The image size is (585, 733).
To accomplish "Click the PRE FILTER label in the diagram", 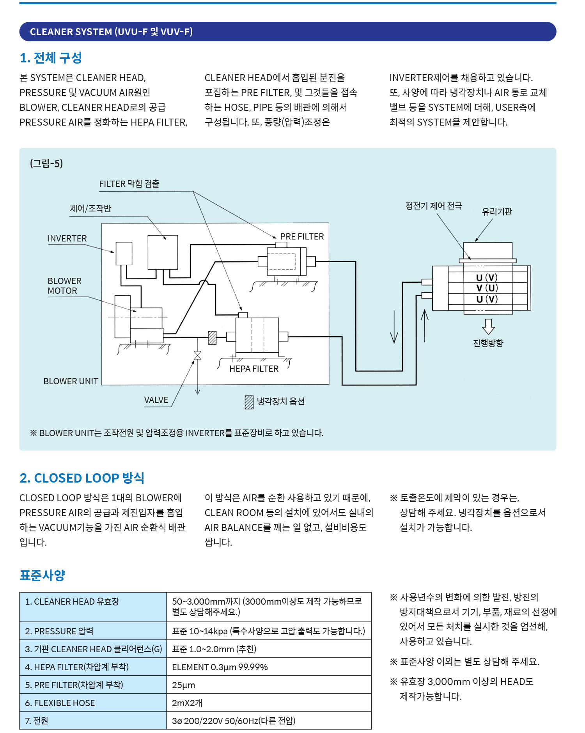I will tap(302, 236).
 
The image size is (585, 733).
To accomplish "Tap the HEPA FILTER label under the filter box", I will tap(254, 369).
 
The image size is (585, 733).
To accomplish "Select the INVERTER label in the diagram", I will tap(67, 238).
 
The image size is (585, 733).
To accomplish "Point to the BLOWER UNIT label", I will tap(71, 381).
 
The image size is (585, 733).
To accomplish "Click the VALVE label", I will tap(156, 400).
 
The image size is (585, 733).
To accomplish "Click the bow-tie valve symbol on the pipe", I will tap(198, 355).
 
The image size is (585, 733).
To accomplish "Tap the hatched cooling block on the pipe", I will tap(212, 337).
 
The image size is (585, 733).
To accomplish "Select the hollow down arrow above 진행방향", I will tap(488, 326).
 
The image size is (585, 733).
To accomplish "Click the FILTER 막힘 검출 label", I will tap(129, 184).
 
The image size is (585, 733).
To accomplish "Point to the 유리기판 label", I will tap(497, 211).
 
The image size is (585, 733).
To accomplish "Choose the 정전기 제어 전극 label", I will tap(434, 206).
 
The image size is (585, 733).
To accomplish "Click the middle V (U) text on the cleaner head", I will tap(487, 288).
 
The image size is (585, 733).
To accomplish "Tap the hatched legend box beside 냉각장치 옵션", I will tap(249, 402).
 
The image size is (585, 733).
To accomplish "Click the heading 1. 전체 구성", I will tap(51, 58).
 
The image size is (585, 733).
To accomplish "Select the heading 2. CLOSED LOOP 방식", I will tap(82, 478).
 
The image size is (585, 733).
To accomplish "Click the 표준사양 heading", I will tap(42, 575).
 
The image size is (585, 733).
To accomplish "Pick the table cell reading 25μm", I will tap(184, 685).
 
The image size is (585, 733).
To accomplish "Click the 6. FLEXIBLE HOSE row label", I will tap(60, 703).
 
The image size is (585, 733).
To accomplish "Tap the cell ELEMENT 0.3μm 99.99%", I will tap(220, 667).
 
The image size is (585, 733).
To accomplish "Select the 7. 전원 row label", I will tap(37, 721).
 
